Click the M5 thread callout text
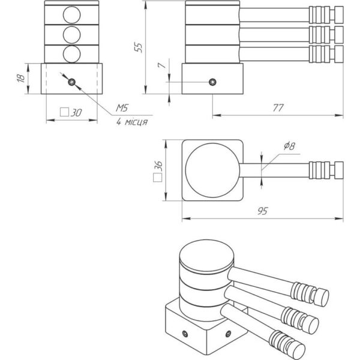[122, 107]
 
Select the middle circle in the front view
[71, 33]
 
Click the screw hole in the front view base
[71, 82]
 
